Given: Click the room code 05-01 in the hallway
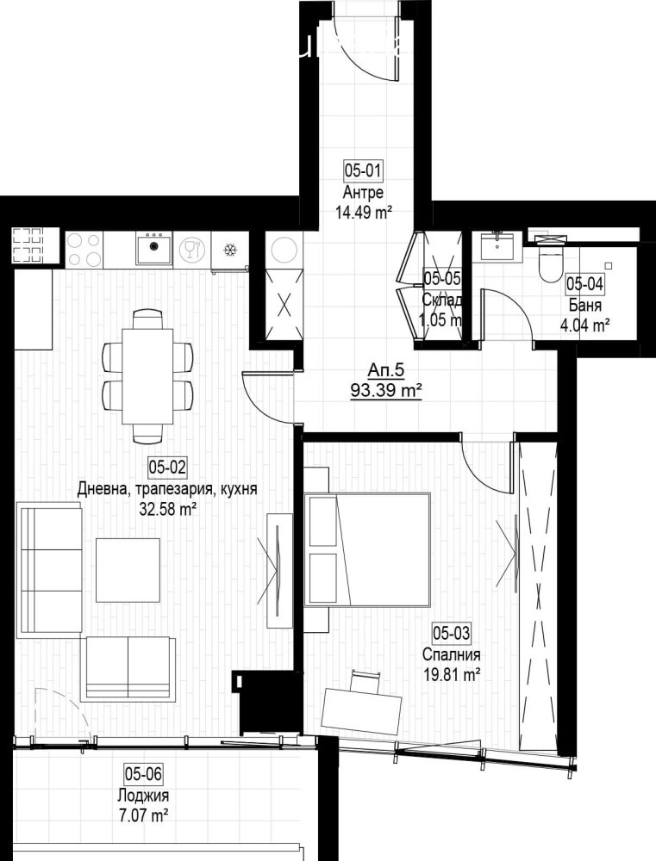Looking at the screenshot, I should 363,170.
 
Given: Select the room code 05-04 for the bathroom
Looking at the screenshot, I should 584,283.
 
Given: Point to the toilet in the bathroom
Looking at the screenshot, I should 548,262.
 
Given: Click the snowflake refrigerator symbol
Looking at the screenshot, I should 230,251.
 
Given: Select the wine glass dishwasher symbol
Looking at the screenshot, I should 191,251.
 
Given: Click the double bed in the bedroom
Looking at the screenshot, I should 367,549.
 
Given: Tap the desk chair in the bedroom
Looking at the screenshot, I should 367,683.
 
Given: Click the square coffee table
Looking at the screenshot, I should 128,570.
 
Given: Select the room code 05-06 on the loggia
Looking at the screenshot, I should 143,773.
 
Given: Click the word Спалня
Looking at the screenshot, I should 445,655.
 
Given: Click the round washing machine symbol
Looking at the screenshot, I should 284,250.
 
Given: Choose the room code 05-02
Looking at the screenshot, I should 167,468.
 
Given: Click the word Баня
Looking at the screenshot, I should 585,305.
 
